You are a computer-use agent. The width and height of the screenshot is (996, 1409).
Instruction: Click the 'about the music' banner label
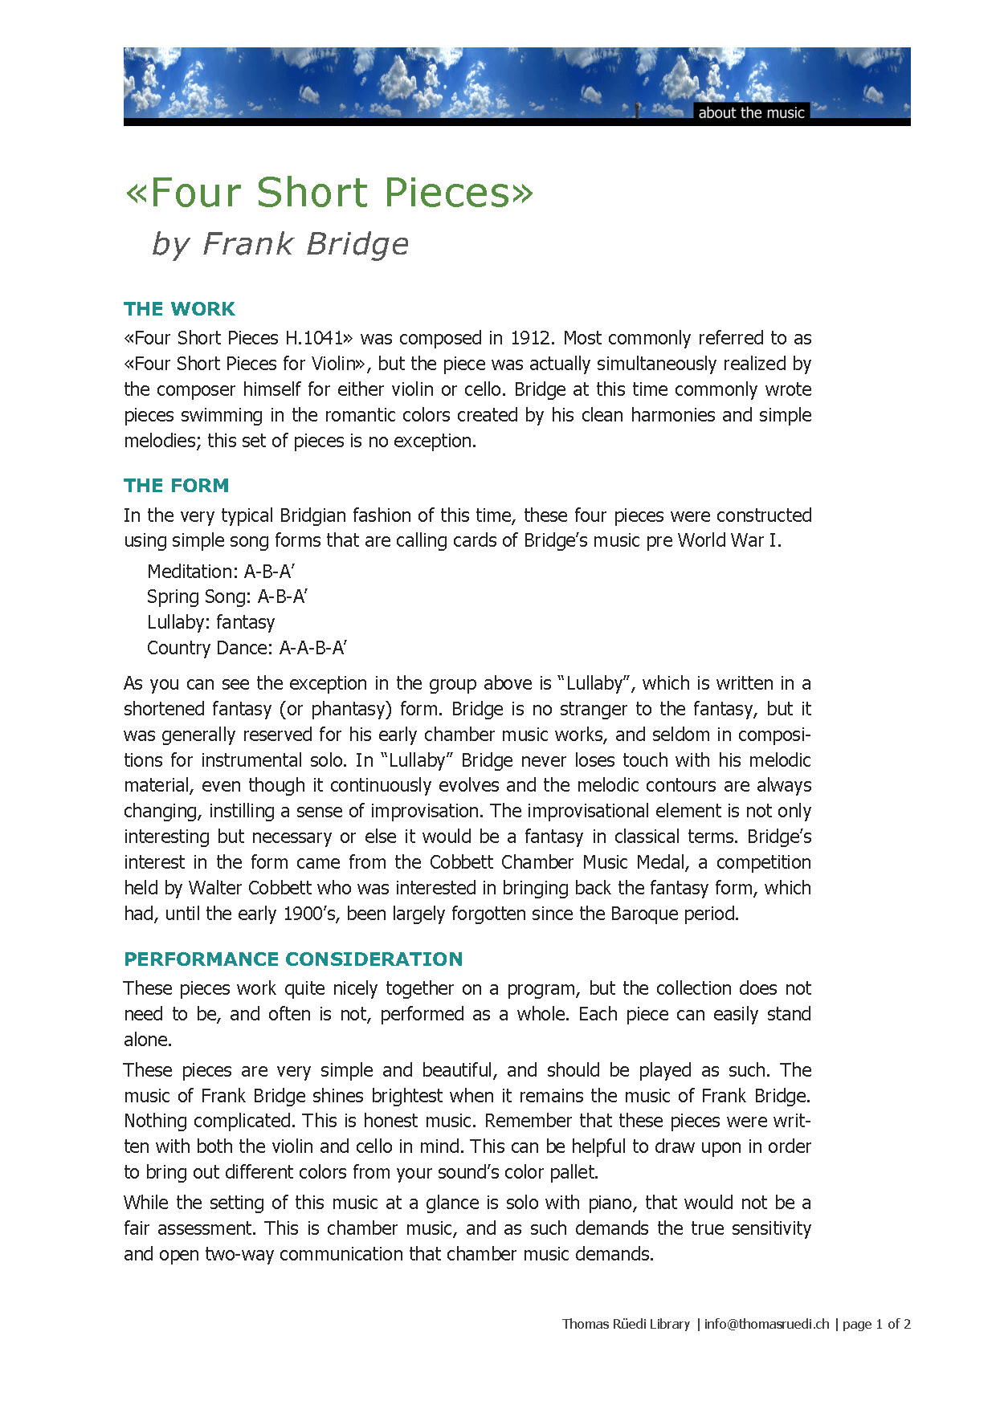pyautogui.click(x=751, y=112)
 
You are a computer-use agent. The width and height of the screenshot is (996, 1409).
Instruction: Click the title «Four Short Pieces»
pyautogui.click(x=329, y=193)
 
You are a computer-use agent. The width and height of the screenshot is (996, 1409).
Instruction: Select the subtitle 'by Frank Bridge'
pyautogui.click(x=280, y=243)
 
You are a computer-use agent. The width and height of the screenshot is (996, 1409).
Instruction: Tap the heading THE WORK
pyautogui.click(x=179, y=309)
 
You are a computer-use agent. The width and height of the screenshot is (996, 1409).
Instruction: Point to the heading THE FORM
pyautogui.click(x=176, y=486)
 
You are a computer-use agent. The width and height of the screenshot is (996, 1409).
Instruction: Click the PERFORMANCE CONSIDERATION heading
pyautogui.click(x=293, y=959)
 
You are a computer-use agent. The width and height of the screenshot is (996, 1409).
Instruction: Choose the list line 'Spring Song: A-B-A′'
pyautogui.click(x=227, y=597)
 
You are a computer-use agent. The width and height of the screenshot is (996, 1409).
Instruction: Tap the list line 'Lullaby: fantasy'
pyautogui.click(x=210, y=622)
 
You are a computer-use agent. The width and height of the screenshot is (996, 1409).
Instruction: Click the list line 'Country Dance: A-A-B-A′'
pyautogui.click(x=247, y=648)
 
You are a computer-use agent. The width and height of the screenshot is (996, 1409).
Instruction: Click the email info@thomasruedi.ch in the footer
pyautogui.click(x=766, y=1324)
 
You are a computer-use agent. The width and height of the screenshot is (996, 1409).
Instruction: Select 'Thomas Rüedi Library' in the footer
pyautogui.click(x=626, y=1324)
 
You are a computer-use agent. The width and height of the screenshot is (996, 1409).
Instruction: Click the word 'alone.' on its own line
pyautogui.click(x=148, y=1040)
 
